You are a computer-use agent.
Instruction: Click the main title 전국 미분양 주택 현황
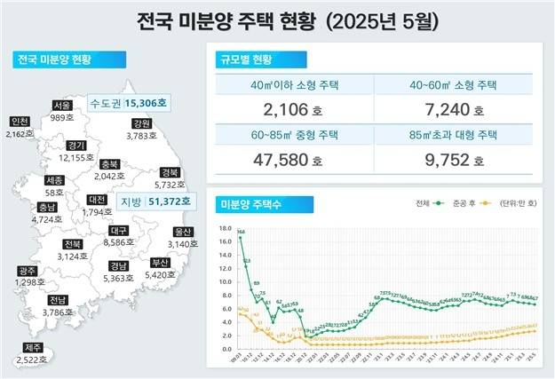276,20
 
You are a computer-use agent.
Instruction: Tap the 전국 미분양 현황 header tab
55,60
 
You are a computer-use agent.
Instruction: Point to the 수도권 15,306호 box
129,103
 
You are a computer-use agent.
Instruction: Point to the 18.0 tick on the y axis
224,227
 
